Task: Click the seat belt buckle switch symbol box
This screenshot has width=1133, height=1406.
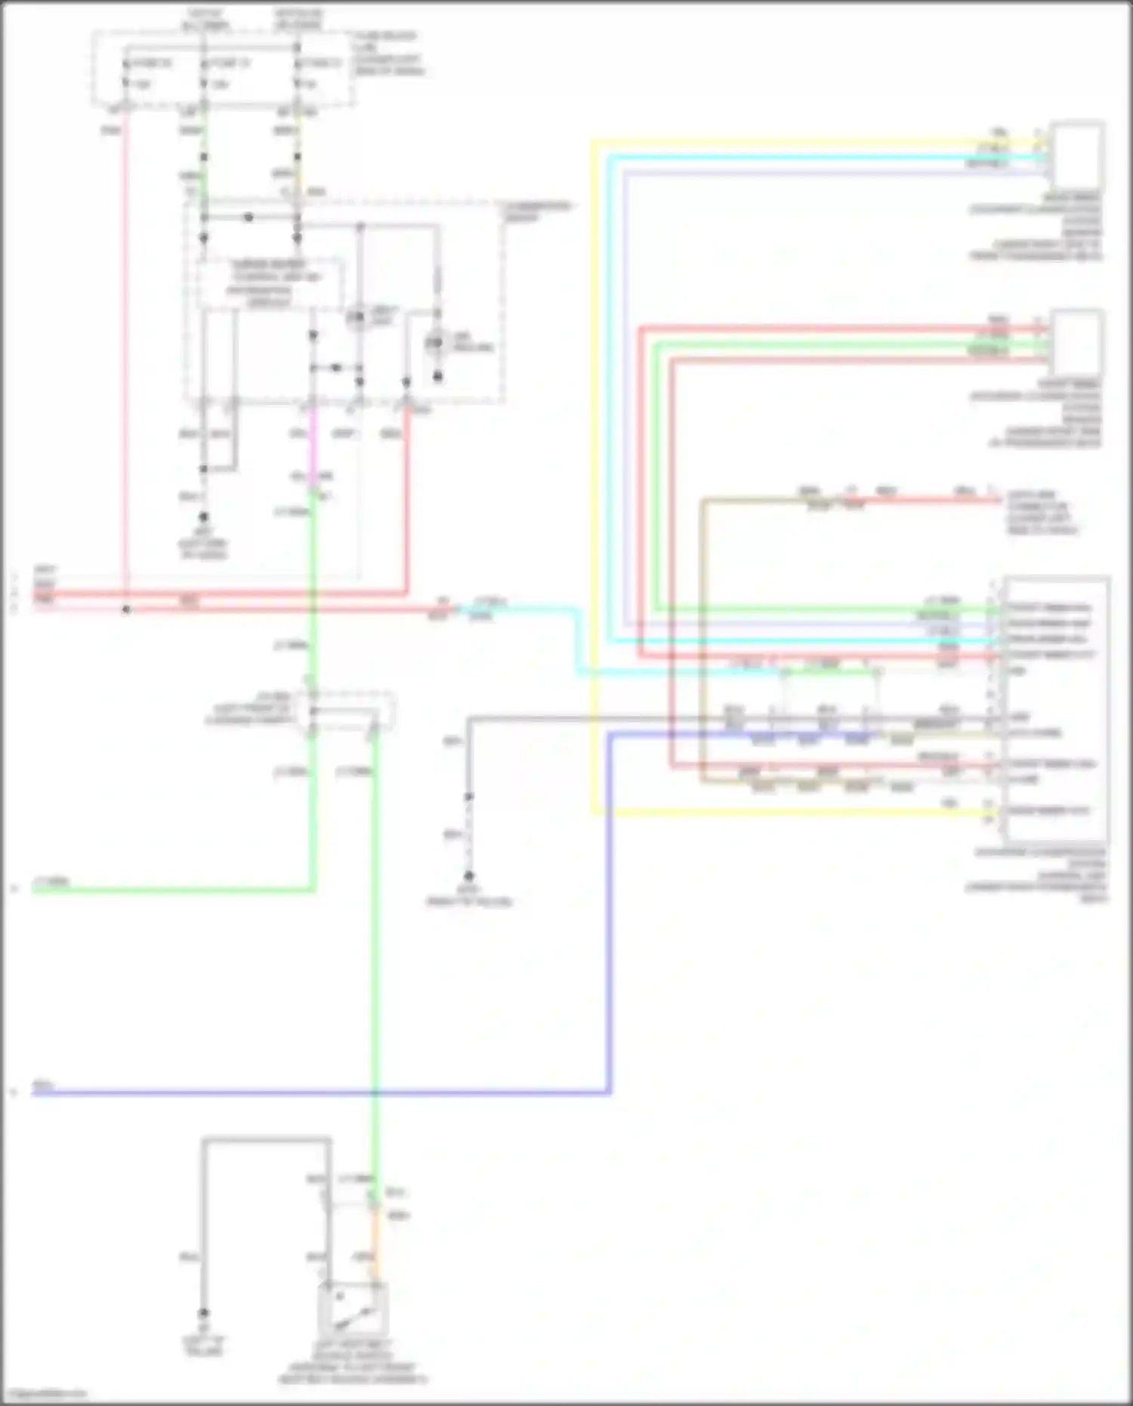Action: [353, 1309]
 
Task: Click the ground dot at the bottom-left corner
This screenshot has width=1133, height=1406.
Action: [203, 1314]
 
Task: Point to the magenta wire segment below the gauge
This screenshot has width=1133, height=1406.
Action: [313, 446]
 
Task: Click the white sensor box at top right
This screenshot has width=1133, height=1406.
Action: [1077, 155]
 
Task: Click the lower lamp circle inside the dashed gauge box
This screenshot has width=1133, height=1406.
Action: [434, 345]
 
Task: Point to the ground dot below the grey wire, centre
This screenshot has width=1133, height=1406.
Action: [468, 876]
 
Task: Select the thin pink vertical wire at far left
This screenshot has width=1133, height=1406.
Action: [125, 363]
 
